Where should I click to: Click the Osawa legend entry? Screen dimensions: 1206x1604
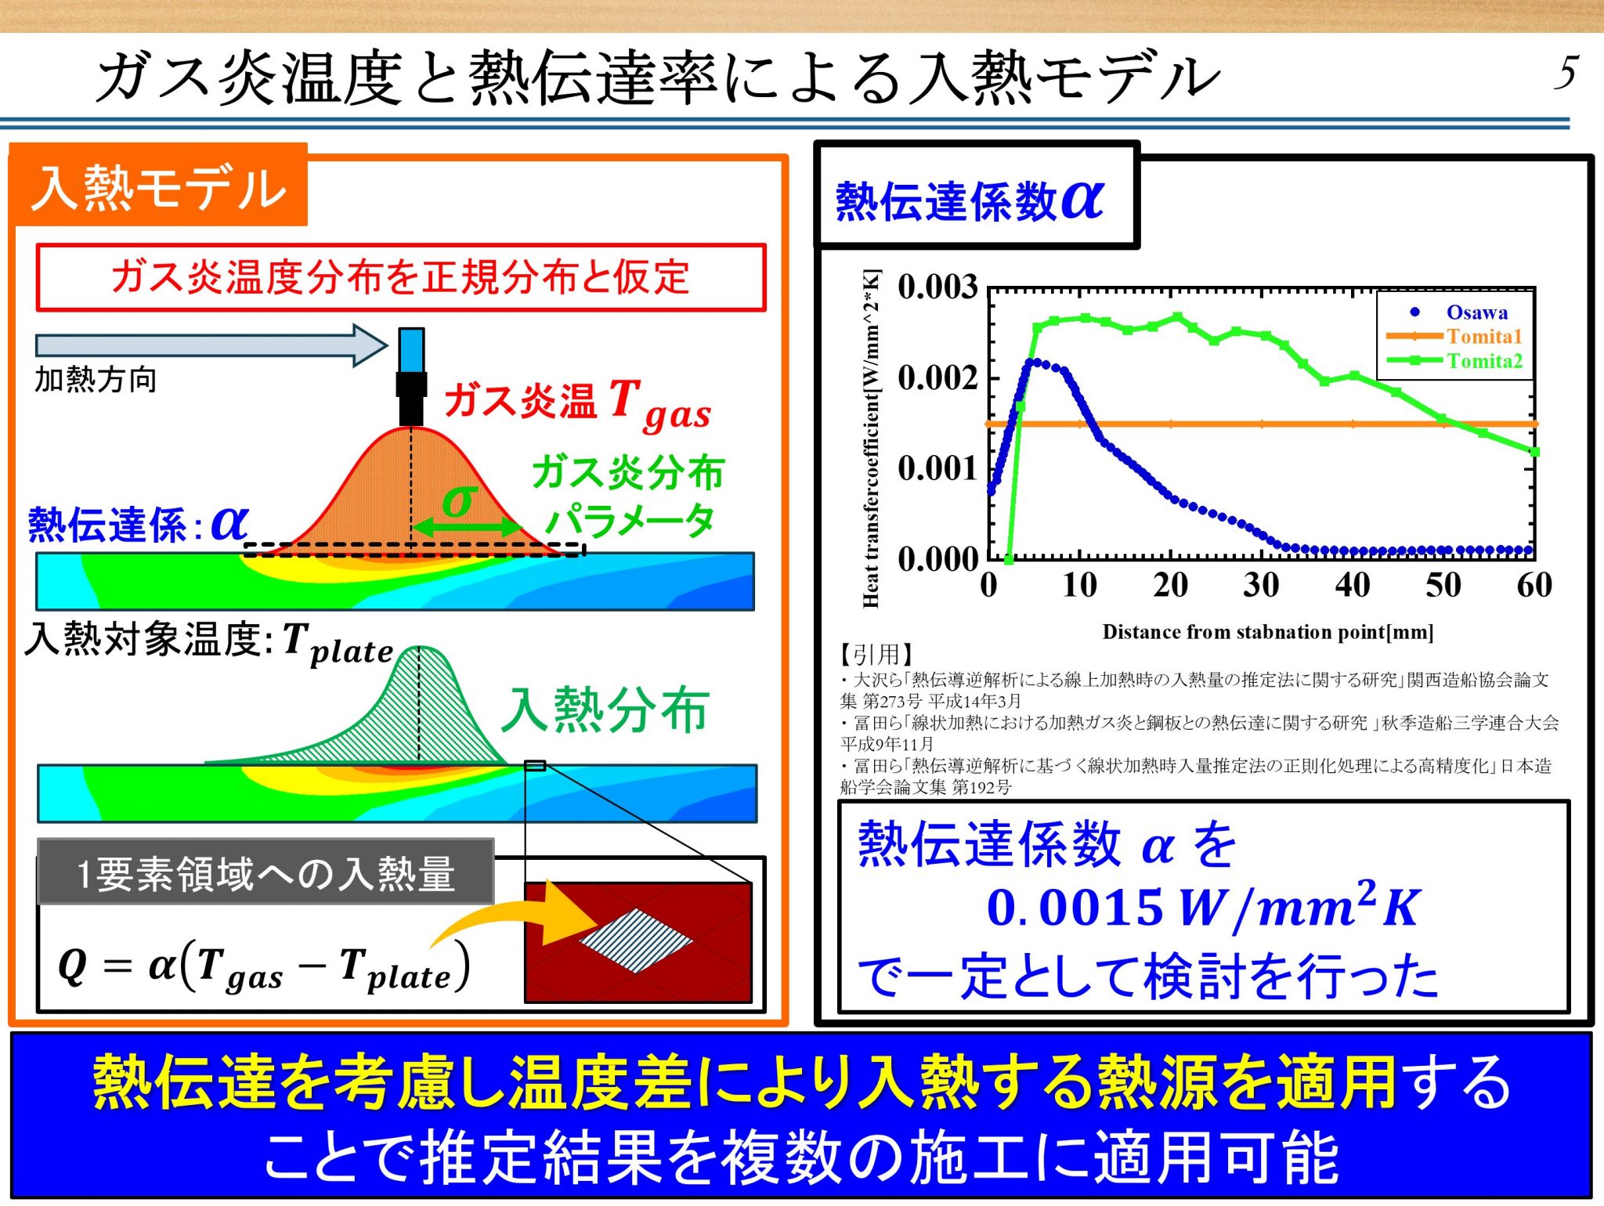[x=1476, y=312]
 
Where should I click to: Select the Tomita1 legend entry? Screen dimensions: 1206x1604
[x=1483, y=337]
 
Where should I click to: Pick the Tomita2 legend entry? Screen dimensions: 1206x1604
[x=1483, y=361]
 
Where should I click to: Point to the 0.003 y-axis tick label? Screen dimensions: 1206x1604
[x=937, y=287]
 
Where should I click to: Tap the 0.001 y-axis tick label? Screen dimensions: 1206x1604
[x=937, y=468]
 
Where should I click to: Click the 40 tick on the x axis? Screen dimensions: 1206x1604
[x=1353, y=585]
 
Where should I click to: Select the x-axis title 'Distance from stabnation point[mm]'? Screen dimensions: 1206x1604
[x=1267, y=632]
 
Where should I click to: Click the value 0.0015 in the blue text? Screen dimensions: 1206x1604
[x=1074, y=908]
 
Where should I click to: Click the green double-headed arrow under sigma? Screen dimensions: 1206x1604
[x=465, y=527]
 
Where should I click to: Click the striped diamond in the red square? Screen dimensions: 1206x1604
[x=636, y=941]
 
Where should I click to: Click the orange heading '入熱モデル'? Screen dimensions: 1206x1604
[x=159, y=189]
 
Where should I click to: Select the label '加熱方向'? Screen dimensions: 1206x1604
[x=96, y=380]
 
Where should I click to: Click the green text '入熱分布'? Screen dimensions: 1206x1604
[x=605, y=710]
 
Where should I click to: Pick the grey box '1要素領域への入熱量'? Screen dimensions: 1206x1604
[x=266, y=873]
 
